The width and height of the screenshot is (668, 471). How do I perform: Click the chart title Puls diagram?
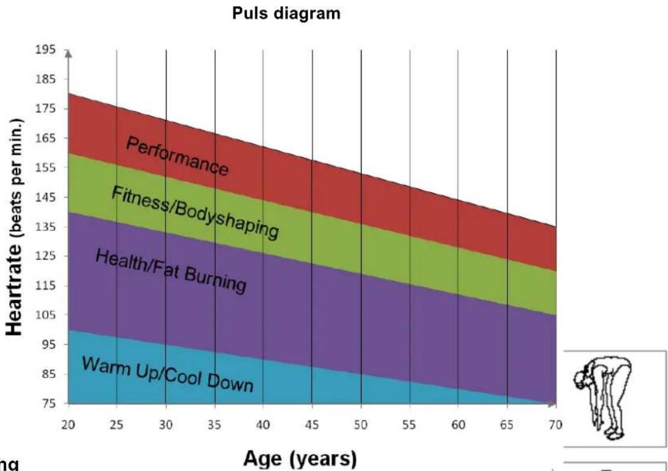click(286, 14)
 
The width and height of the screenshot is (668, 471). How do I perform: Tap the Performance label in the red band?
click(177, 156)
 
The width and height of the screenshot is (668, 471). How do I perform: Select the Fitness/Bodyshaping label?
click(196, 212)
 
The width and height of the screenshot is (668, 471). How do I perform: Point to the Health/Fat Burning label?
click(172, 271)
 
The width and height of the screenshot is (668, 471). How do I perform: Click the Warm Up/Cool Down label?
click(168, 374)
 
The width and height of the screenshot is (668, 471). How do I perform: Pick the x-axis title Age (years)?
click(300, 459)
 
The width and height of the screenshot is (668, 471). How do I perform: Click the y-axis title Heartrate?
click(14, 290)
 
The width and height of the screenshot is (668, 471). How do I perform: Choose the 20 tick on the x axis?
click(68, 425)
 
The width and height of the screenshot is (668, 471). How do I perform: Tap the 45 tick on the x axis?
click(312, 425)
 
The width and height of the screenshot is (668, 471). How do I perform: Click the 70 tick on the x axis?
click(556, 425)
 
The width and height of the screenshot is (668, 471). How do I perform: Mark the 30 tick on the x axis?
click(165, 425)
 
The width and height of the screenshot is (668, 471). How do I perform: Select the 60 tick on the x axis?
click(459, 425)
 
